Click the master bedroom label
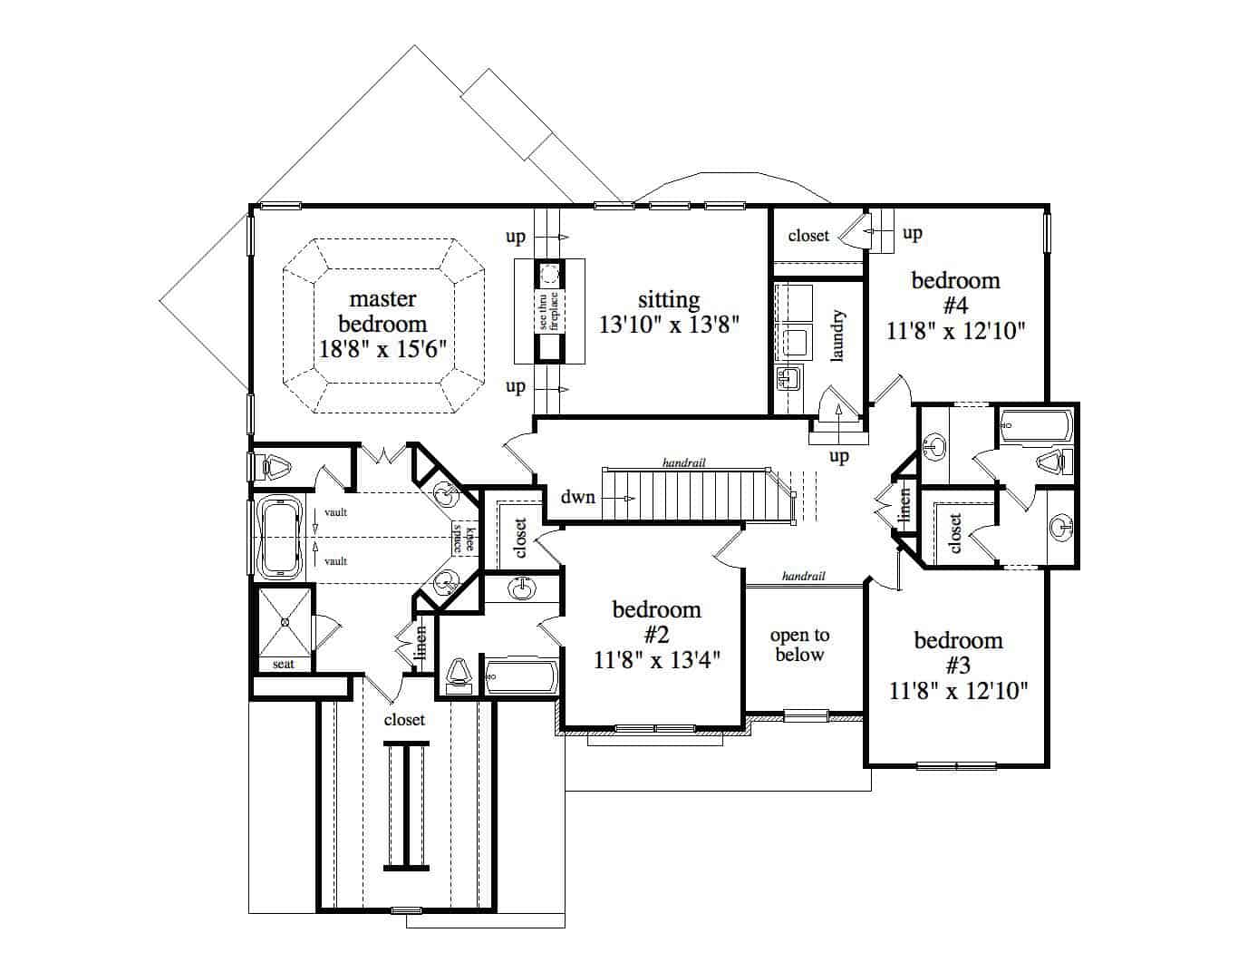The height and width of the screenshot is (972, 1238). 382,311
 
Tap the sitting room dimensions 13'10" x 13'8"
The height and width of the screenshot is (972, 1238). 669,325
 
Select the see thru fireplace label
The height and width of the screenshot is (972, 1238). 548,310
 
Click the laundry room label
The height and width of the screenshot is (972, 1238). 837,335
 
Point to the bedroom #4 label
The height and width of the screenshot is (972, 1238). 955,292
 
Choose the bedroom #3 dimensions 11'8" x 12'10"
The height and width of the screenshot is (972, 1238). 958,692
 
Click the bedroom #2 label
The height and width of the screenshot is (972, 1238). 656,621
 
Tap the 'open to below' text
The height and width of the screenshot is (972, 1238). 799,646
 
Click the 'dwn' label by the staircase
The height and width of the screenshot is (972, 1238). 577,497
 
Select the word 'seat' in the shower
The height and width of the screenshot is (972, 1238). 284,665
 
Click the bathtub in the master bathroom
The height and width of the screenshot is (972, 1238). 280,537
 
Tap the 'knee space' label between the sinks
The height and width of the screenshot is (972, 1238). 463,537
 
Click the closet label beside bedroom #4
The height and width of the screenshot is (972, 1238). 808,236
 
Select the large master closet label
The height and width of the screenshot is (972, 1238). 404,720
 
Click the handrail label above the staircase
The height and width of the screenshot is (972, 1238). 683,462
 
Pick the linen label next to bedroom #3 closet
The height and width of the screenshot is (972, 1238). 904,507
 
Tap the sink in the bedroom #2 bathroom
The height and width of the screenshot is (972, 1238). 521,588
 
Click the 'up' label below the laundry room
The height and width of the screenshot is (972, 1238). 839,455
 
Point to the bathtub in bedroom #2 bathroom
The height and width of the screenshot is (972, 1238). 520,676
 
